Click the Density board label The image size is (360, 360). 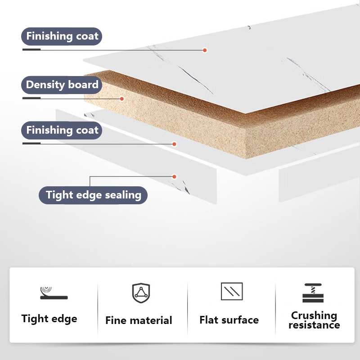pyautogui.click(x=62, y=85)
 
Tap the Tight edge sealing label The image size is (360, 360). pyautogui.click(x=93, y=195)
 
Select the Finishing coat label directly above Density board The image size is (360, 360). pyautogui.click(x=62, y=36)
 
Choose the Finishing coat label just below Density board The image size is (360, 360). pyautogui.click(x=62, y=131)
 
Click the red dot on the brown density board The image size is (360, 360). pyautogui.click(x=121, y=98)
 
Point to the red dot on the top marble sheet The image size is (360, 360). pyautogui.click(x=204, y=50)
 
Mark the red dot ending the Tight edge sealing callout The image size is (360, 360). pyautogui.click(x=174, y=176)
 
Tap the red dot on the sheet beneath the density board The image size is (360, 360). pyautogui.click(x=174, y=144)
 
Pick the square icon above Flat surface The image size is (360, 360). pyautogui.click(x=232, y=292)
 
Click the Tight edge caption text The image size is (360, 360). pyautogui.click(x=49, y=319)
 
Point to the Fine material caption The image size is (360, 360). pyautogui.click(x=139, y=320)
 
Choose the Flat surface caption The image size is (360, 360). pyautogui.click(x=229, y=320)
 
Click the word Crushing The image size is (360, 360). pyautogui.click(x=314, y=315)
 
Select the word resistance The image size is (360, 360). pyautogui.click(x=314, y=325)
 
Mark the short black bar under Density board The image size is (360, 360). pyautogui.click(x=31, y=98)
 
